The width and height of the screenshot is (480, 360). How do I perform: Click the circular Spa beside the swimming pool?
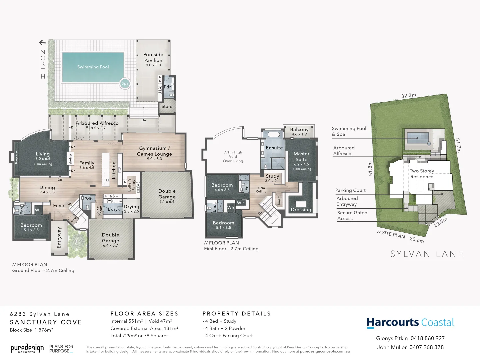125,84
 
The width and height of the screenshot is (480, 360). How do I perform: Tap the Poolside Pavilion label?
153,57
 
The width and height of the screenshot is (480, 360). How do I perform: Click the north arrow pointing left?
42,43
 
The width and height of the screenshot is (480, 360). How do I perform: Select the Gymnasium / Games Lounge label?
154,151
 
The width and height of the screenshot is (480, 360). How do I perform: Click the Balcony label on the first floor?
299,129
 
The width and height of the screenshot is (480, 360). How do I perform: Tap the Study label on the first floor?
272,176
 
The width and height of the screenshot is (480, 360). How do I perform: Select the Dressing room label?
301,210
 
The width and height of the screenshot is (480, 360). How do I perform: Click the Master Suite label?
301,157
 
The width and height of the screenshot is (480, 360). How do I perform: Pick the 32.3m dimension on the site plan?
408,96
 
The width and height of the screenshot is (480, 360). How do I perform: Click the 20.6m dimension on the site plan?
417,240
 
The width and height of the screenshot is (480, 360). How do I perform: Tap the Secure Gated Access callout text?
352,216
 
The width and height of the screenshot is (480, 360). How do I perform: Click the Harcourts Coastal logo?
410,323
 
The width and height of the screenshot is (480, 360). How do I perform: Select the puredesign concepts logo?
27,349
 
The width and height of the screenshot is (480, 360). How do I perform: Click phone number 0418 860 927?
427,338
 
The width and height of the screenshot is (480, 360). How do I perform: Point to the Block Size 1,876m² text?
31,330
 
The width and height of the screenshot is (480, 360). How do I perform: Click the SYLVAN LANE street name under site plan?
427,254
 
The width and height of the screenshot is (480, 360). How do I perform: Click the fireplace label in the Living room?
16,157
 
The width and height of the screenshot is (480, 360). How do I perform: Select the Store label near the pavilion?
167,107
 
